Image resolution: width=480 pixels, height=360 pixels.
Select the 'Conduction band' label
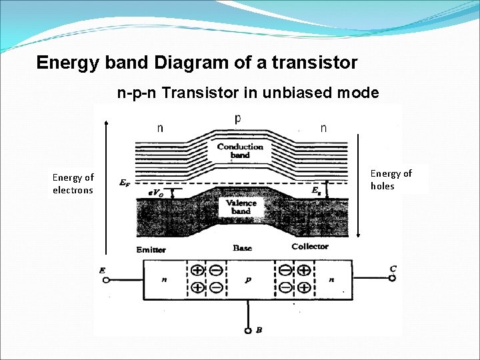(x=241, y=151)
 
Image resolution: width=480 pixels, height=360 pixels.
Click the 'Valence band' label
(x=241, y=207)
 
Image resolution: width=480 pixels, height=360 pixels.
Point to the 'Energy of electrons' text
(x=73, y=183)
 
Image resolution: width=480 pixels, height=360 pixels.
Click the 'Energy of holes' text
(x=391, y=179)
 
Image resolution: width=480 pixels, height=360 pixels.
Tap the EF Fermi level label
(x=124, y=182)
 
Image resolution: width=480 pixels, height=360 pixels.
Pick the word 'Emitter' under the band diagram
(x=151, y=249)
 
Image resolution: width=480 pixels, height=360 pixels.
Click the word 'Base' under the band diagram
(x=243, y=247)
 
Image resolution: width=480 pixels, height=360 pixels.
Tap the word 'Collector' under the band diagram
(x=310, y=247)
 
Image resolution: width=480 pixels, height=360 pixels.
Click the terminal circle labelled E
(x=105, y=281)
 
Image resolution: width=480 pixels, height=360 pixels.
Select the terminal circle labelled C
(x=392, y=278)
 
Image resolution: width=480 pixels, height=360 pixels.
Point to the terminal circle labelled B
(x=248, y=331)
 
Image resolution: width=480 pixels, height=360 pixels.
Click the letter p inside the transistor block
(x=248, y=281)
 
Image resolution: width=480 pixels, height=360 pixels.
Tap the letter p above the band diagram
(x=238, y=119)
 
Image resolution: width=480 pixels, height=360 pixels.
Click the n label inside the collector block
(x=331, y=281)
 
